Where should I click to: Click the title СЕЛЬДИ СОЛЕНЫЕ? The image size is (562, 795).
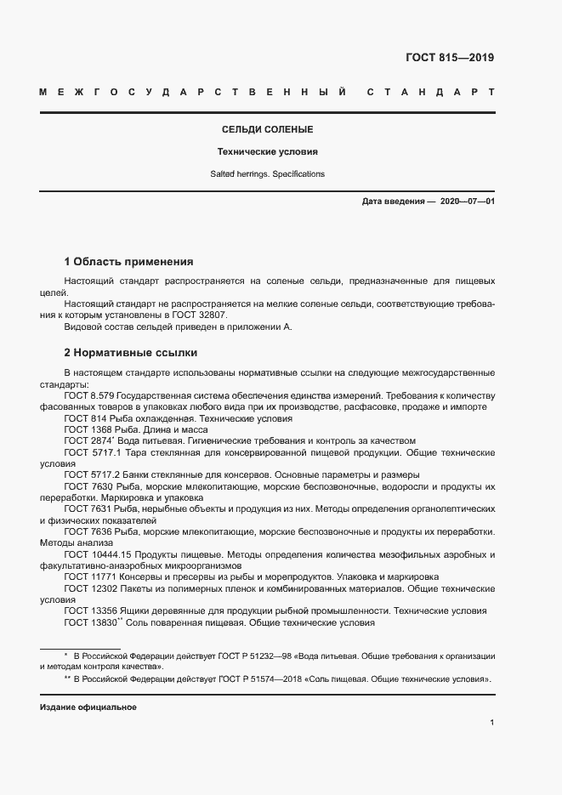point(267,130)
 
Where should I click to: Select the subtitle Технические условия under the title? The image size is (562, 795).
point(267,152)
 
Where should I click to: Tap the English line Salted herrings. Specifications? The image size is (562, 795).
point(267,174)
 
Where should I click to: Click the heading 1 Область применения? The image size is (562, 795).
point(129,262)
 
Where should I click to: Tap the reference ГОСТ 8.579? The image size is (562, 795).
point(88,395)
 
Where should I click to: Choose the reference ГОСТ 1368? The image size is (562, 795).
point(84,429)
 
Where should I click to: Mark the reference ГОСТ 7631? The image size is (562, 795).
point(84,508)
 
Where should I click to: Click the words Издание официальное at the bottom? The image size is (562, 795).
point(88,707)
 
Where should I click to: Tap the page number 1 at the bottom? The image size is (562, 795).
point(492,723)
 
